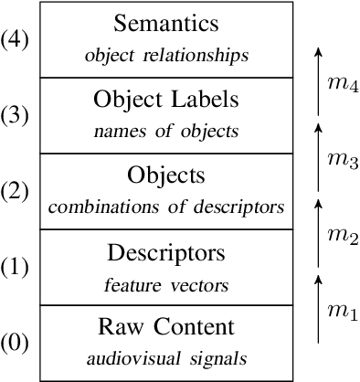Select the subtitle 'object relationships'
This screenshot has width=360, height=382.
[166, 55]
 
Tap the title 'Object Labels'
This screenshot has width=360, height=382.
[166, 98]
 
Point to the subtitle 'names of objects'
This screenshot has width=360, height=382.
[166, 131]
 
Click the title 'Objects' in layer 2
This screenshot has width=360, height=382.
[166, 174]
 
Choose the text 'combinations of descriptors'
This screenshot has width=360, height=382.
[166, 207]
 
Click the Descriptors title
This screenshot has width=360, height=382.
[166, 250]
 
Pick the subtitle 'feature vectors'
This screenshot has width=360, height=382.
[166, 286]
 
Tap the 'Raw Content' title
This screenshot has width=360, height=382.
[166, 327]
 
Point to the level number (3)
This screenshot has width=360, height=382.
[18, 115]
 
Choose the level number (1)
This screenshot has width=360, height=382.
[18, 268]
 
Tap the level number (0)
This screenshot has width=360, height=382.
[18, 344]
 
